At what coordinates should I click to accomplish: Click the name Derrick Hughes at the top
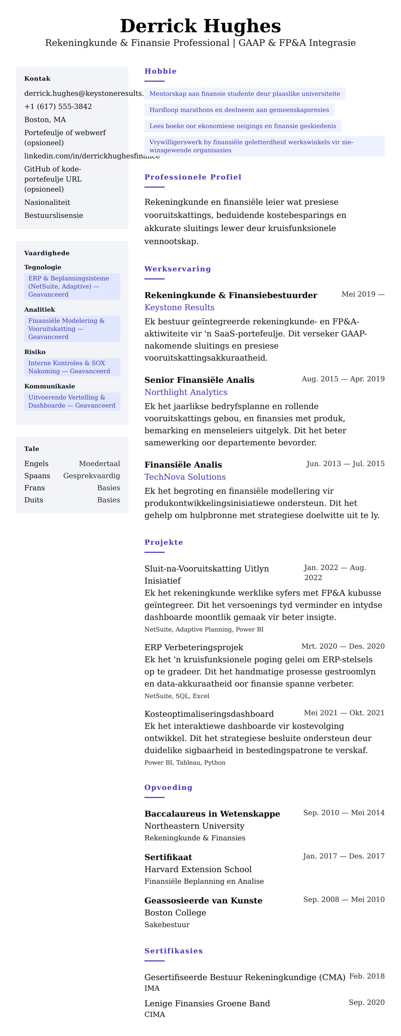200,26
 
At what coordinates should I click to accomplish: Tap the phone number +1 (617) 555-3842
58,106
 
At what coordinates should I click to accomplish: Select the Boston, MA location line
45,119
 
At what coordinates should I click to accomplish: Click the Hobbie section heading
160,71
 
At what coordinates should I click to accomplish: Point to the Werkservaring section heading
177,269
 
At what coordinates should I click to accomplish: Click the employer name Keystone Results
179,307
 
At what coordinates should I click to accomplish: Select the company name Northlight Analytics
185,392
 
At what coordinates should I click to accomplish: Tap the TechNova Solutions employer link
185,477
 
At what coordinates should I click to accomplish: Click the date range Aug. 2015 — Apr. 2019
343,379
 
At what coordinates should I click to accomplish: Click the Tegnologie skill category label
43,267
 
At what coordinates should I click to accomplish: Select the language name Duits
34,500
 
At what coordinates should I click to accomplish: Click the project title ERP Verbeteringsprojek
194,647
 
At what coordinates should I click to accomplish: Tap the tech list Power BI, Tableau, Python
185,763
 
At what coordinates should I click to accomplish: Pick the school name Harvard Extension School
198,869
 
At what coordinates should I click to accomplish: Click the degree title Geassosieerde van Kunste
203,900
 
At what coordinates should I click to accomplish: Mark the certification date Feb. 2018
366,976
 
